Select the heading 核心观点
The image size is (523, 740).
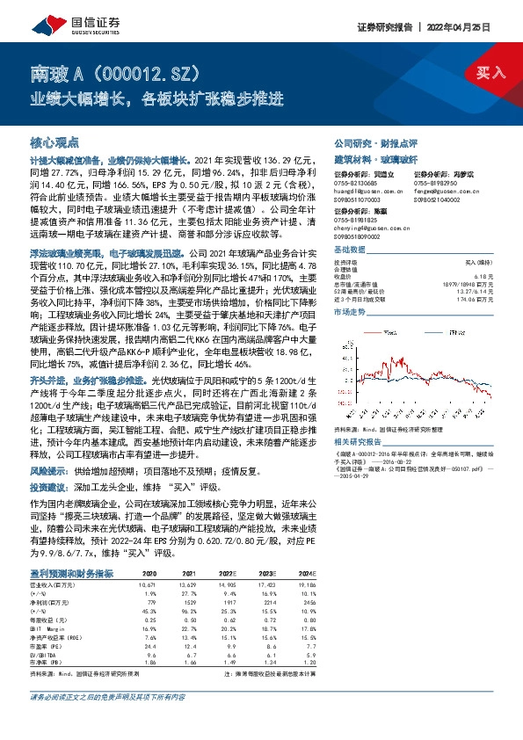[54, 141]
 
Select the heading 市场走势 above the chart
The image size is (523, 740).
[349, 312]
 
